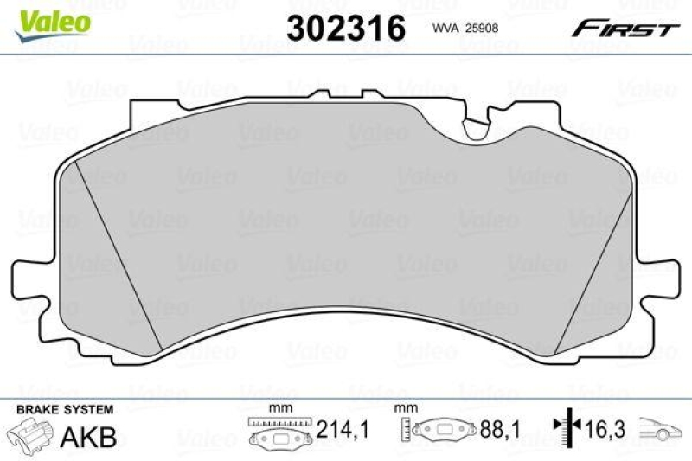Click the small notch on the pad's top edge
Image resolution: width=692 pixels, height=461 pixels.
click(x=476, y=130)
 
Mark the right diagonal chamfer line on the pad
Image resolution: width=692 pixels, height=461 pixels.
click(x=595, y=259)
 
